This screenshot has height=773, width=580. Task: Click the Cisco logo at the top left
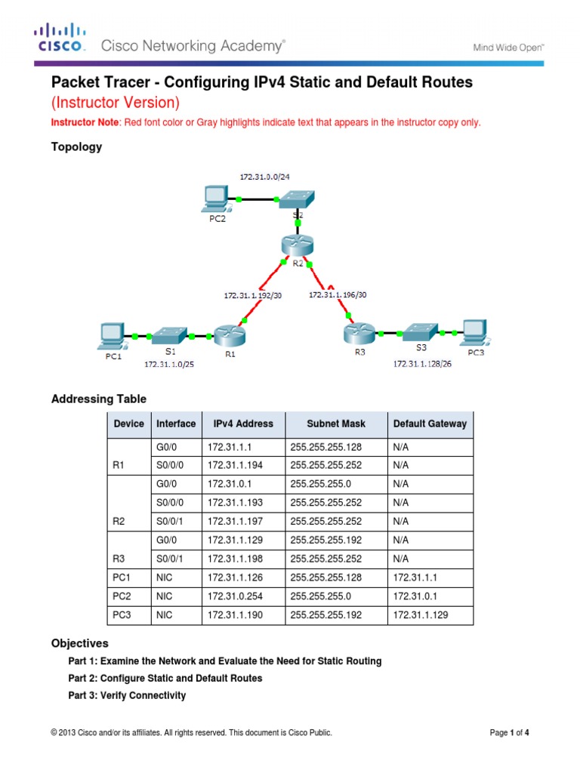tap(60, 38)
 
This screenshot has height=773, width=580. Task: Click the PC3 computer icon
tap(474, 331)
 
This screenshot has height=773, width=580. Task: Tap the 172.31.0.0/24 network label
tap(264, 176)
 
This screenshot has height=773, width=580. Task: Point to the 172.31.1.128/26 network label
tap(423, 363)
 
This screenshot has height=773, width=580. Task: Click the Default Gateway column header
tap(430, 423)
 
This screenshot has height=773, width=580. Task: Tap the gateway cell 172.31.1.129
tap(421, 615)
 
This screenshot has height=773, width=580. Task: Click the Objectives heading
tap(79, 643)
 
